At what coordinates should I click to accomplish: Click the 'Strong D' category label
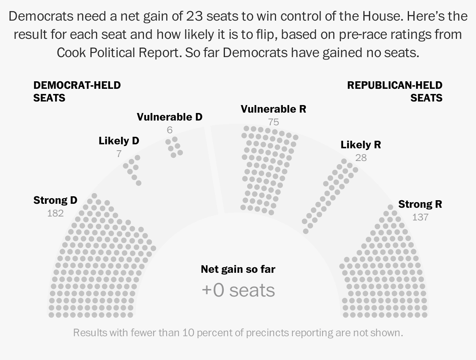click(55, 200)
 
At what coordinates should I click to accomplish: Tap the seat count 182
click(55, 213)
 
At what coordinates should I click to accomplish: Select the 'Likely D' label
click(119, 141)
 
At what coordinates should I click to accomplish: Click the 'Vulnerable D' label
click(169, 117)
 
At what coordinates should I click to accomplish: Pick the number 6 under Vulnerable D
click(170, 130)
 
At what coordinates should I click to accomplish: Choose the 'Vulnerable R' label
click(273, 109)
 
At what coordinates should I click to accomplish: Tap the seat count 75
click(273, 122)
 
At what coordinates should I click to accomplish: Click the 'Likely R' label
click(361, 145)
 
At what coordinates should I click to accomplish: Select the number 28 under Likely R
click(361, 158)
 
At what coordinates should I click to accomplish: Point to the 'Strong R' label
click(420, 204)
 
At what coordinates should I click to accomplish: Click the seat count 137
click(420, 217)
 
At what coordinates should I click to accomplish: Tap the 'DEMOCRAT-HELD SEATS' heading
click(77, 91)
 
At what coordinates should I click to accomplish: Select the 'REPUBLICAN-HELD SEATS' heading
click(395, 91)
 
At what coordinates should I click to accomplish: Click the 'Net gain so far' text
click(238, 270)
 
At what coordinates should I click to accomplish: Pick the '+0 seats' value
click(238, 290)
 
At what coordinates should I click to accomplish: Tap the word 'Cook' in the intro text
click(72, 52)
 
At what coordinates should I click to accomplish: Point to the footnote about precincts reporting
click(238, 332)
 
